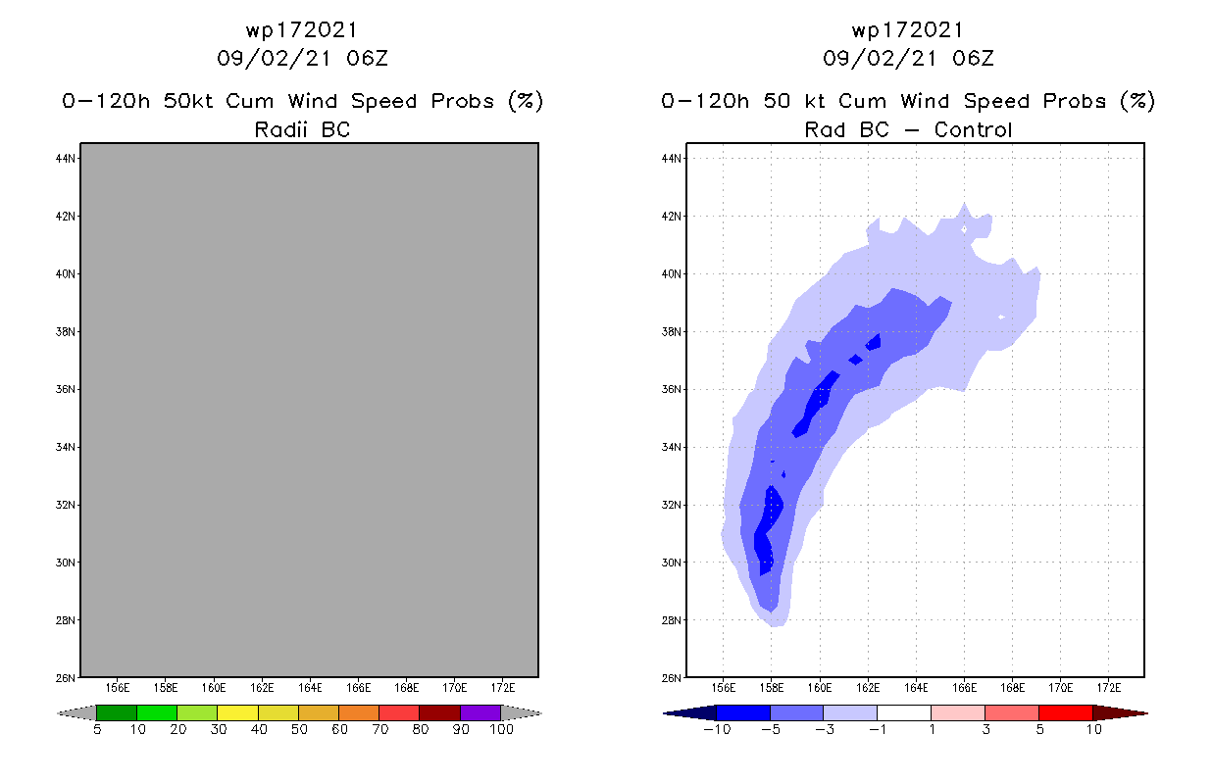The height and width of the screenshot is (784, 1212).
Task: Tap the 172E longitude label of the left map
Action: click(503, 688)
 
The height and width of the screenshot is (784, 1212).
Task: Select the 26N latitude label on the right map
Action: click(673, 678)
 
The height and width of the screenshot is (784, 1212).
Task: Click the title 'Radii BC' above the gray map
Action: click(302, 129)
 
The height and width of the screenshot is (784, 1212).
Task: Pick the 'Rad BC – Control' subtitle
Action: click(908, 129)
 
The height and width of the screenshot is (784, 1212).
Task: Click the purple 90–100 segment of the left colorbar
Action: click(480, 712)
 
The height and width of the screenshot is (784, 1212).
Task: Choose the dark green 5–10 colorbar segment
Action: click(117, 712)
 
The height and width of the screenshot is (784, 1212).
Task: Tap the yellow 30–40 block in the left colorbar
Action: click(237, 712)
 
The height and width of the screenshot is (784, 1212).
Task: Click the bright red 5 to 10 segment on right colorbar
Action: click(1065, 712)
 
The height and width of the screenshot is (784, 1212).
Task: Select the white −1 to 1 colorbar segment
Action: click(904, 712)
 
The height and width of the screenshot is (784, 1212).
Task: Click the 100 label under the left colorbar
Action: click(501, 730)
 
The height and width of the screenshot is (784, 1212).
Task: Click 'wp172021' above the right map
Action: click(908, 29)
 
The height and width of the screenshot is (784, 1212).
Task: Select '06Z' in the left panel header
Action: click(367, 58)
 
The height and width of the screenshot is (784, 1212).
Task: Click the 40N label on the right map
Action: click(673, 273)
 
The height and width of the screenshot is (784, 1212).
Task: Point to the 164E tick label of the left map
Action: click(310, 688)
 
